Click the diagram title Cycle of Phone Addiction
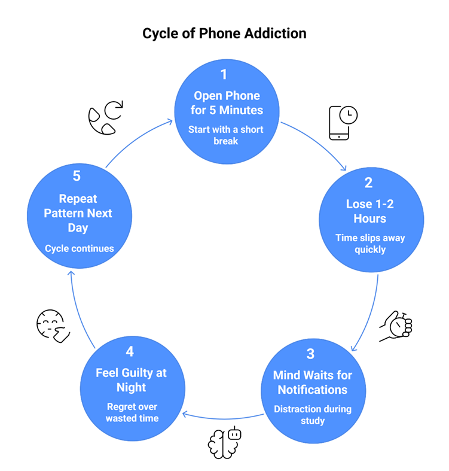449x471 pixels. click(x=224, y=34)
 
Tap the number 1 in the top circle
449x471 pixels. click(x=224, y=75)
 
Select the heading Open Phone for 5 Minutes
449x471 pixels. click(x=227, y=103)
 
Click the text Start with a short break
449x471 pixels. click(x=226, y=136)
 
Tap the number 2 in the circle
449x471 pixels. click(x=369, y=183)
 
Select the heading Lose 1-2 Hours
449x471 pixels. click(x=369, y=211)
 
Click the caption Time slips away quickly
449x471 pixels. click(x=369, y=244)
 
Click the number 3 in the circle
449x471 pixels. click(x=310, y=354)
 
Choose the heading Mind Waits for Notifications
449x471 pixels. click(x=313, y=382)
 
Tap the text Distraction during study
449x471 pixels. click(x=313, y=415)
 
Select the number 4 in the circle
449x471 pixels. click(x=132, y=351)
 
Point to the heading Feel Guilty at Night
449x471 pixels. click(x=132, y=380)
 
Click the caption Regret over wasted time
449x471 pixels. click(x=132, y=412)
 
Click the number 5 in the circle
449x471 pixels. click(x=77, y=177)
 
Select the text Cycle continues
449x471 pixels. click(x=79, y=248)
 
